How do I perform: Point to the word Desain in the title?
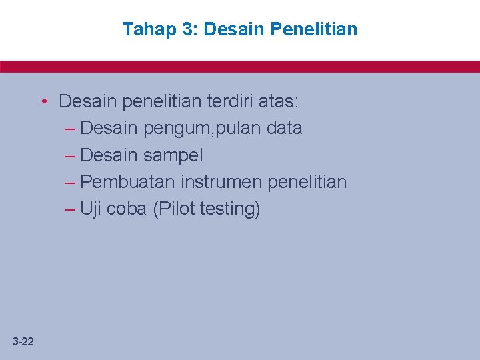click(234, 29)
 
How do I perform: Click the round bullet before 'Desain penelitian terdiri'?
click(43, 101)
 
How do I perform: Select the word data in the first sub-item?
click(284, 128)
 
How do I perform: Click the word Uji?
click(90, 209)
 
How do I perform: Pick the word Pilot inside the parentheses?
click(175, 209)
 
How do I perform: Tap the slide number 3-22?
click(23, 342)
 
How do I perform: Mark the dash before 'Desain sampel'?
click(70, 156)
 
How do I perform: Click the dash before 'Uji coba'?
click(70, 209)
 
